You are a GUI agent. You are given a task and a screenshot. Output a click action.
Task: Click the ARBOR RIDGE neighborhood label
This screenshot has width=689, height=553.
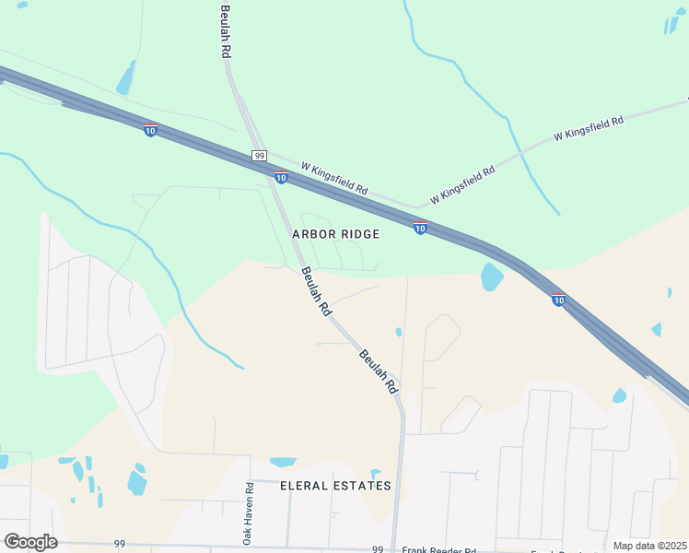click(x=335, y=234)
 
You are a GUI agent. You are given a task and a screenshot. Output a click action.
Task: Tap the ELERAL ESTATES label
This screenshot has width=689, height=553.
click(x=335, y=486)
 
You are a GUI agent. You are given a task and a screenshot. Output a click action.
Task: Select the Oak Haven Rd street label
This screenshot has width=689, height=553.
click(x=248, y=512)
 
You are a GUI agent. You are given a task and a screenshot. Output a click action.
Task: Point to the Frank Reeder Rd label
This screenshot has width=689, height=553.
click(x=439, y=549)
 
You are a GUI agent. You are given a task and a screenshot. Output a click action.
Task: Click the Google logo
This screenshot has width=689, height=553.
click(x=30, y=541)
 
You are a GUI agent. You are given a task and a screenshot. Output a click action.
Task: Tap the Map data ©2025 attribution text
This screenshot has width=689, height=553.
click(x=649, y=546)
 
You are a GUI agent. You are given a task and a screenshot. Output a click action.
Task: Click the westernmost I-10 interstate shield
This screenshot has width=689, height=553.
click(x=150, y=130)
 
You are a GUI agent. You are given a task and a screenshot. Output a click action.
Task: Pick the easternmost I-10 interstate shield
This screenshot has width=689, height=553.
click(x=558, y=299)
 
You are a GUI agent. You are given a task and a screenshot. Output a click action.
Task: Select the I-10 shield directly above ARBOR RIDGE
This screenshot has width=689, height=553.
click(x=420, y=228)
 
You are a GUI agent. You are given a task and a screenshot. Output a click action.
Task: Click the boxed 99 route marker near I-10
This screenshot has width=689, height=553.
click(x=259, y=156)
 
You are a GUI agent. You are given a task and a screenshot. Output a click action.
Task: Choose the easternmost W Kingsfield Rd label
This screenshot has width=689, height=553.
click(x=589, y=128)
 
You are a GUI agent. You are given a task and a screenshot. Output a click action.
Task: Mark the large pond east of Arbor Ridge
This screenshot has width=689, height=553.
click(x=492, y=276)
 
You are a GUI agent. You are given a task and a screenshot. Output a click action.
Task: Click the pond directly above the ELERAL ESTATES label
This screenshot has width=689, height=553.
click(x=284, y=462)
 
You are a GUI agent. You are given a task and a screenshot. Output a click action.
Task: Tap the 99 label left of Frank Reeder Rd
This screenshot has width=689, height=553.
click(x=378, y=548)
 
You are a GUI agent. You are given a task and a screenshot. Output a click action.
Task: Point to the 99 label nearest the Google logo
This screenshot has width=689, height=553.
click(x=120, y=544)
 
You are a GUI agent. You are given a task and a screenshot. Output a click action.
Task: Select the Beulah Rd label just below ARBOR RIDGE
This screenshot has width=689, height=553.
click(x=315, y=293)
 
